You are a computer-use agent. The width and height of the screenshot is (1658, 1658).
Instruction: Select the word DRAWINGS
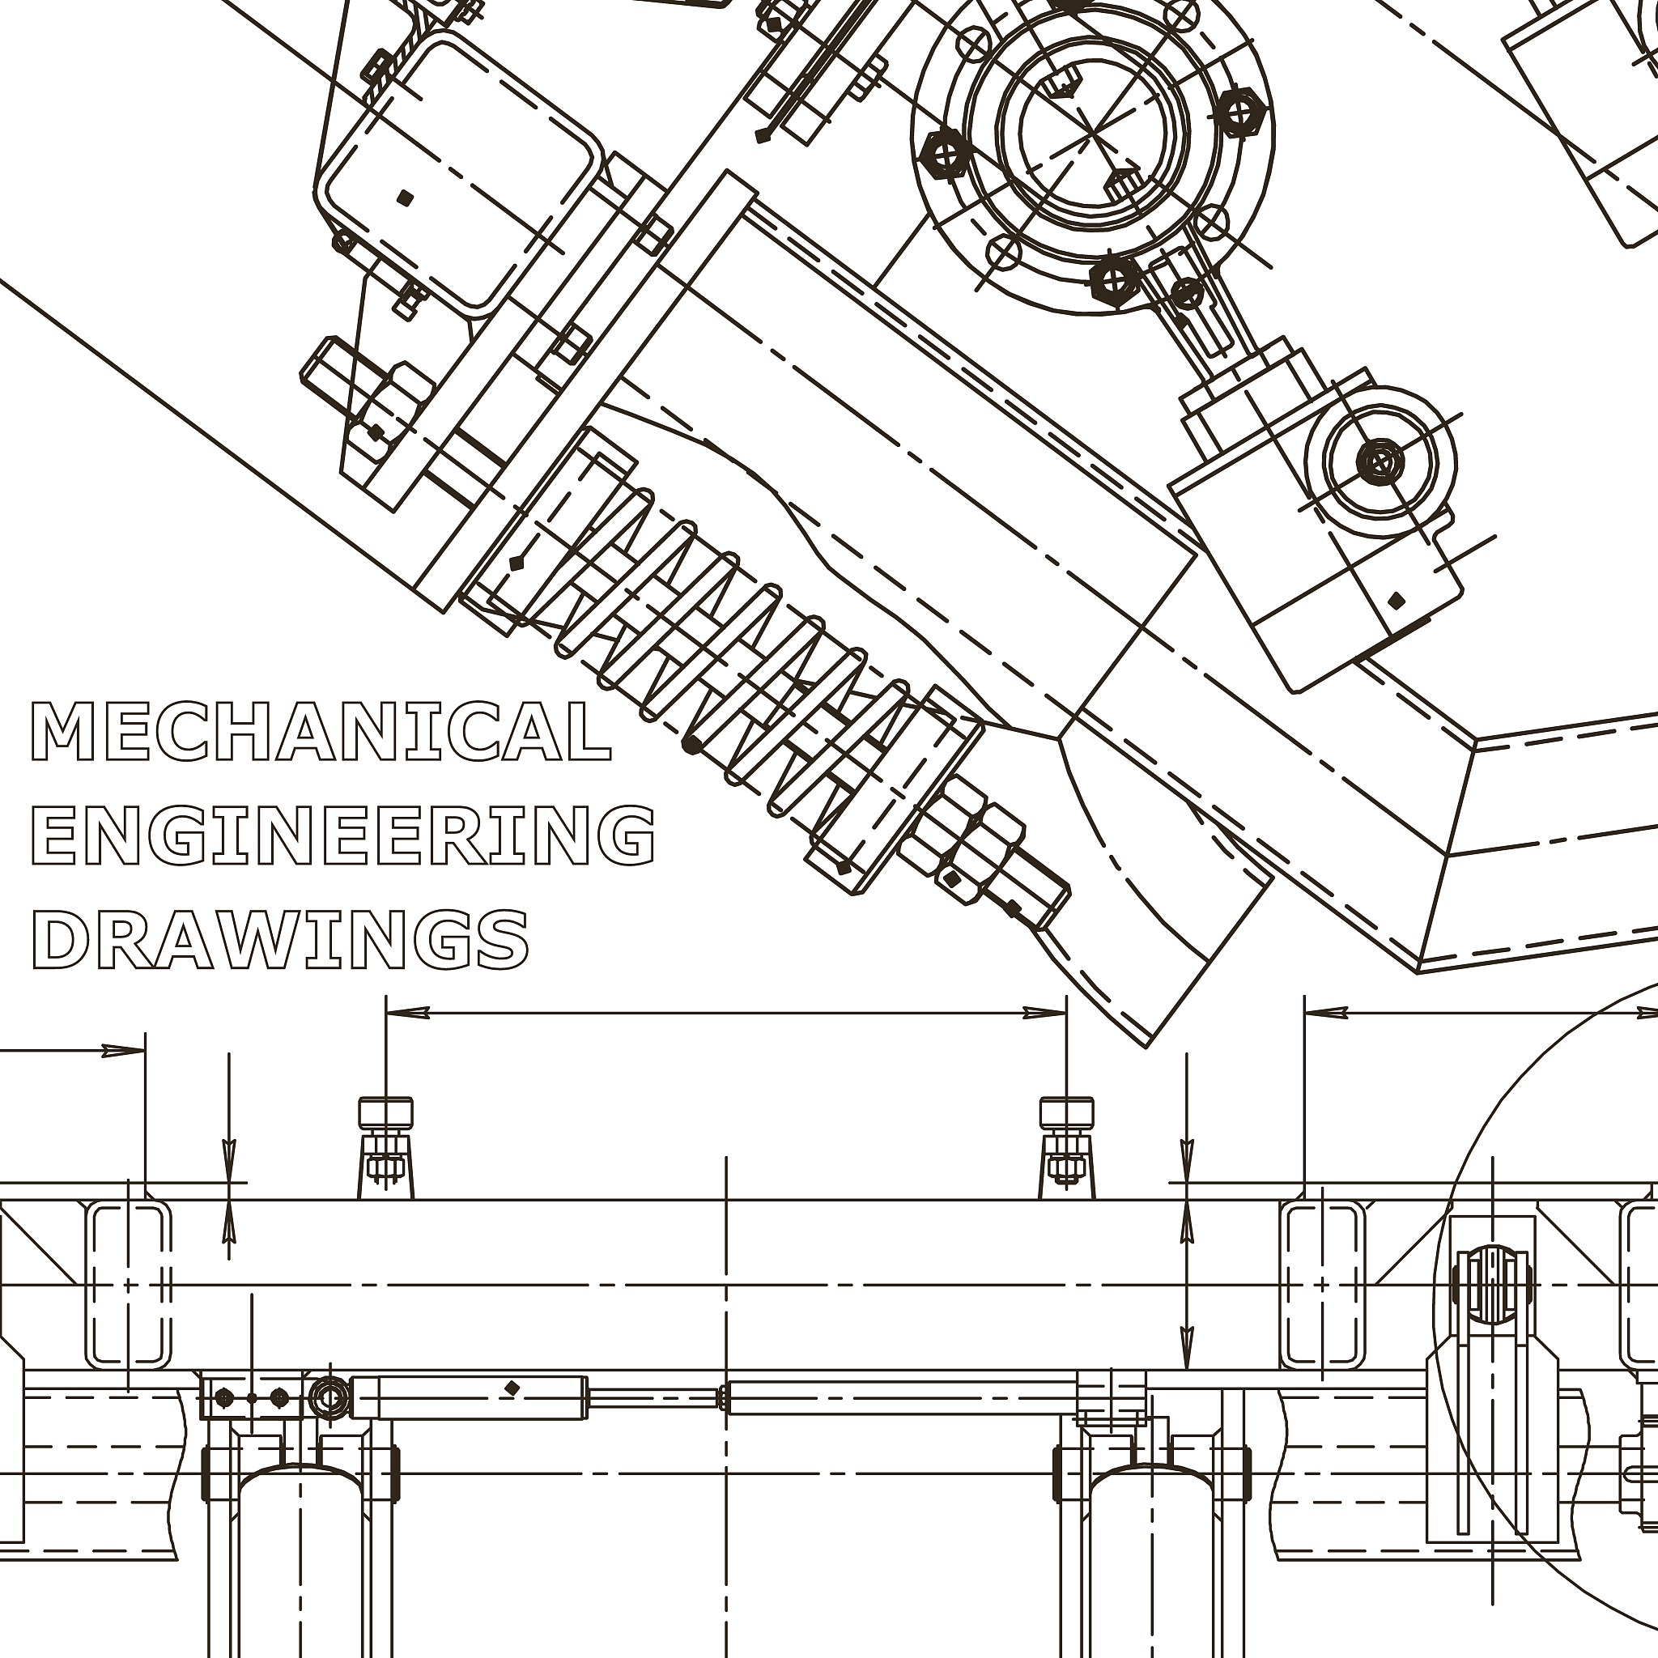tap(281, 938)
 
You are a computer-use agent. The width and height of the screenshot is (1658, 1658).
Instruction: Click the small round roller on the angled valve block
tap(1381, 462)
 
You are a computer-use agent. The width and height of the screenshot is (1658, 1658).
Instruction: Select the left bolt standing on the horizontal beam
tap(385, 1146)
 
